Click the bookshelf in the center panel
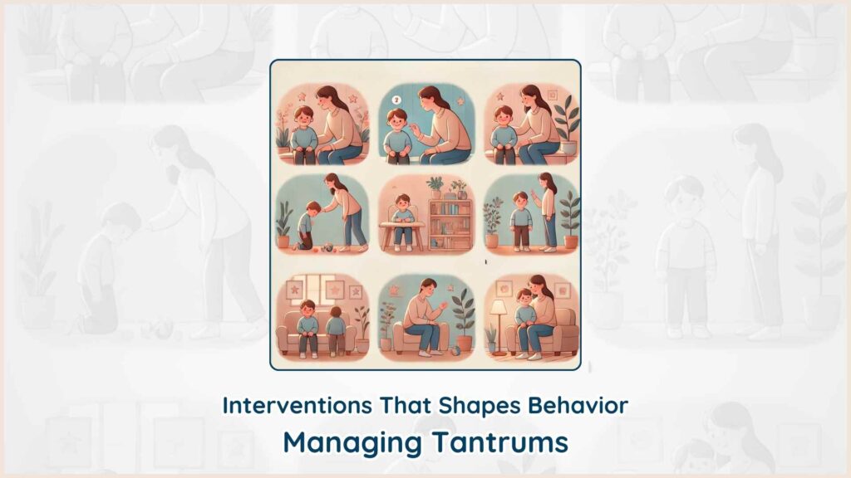point(450,224)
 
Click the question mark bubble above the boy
point(396,100)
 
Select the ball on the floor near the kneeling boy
point(327,247)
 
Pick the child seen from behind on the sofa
point(336,329)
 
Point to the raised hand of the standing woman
point(534,194)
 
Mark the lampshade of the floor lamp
point(499,307)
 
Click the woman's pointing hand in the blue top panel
point(416,129)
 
